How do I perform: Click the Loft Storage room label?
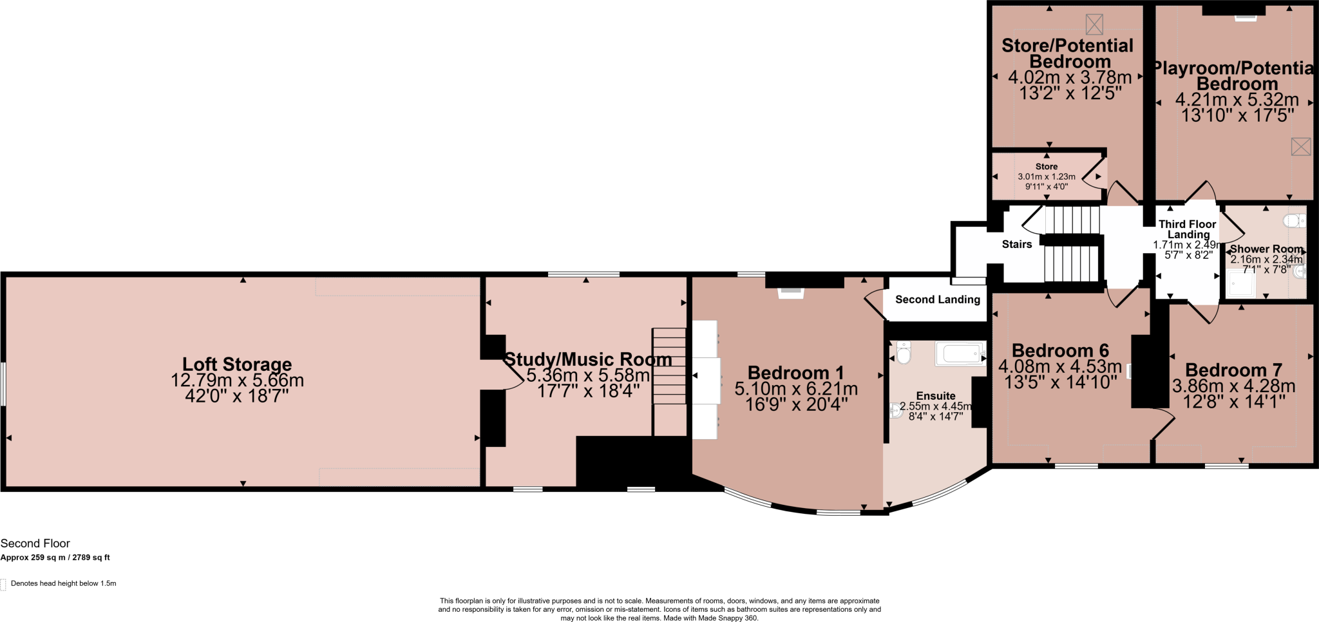pos(237,364)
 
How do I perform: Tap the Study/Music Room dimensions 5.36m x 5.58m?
pos(588,375)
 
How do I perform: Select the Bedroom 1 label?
pos(795,373)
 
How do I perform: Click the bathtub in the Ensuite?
pos(960,353)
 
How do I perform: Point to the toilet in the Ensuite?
pos(904,353)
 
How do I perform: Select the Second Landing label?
pos(937,299)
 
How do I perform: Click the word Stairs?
pos(1016,244)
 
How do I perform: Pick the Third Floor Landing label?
pos(1188,229)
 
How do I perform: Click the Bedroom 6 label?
pos(1060,351)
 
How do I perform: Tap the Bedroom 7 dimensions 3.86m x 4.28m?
pos(1233,386)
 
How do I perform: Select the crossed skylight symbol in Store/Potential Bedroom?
pos(1094,24)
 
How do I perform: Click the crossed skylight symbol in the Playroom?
pos(1300,146)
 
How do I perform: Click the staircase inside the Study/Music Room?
pos(669,366)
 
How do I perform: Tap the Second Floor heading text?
pos(35,543)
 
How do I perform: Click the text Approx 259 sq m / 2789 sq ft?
pos(55,558)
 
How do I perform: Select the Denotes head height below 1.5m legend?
pos(63,583)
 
